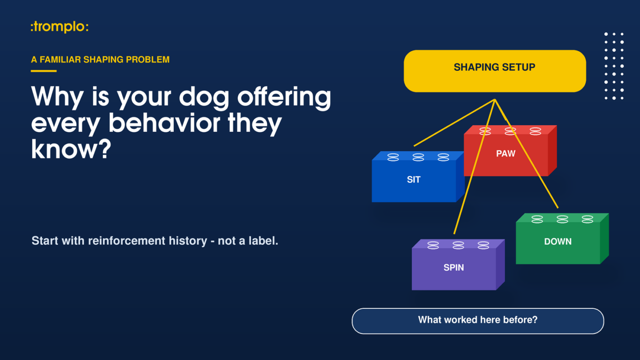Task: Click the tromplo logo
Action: coord(60,27)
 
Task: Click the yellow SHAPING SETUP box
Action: coord(495,71)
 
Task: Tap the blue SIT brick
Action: coord(418,177)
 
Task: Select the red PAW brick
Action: coord(510,151)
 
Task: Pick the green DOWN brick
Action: coord(562,238)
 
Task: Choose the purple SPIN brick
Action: coord(458,265)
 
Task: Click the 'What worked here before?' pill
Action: coord(478,321)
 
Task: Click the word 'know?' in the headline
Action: coord(71,149)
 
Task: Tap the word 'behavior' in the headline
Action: coord(164,123)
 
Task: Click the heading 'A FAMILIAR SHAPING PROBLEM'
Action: coord(100,60)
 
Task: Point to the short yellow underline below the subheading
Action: coord(44,71)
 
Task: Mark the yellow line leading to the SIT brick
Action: coord(454,123)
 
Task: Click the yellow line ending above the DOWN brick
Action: coord(526,154)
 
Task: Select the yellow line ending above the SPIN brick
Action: coord(475,167)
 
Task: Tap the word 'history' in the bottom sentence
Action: coord(188,241)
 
